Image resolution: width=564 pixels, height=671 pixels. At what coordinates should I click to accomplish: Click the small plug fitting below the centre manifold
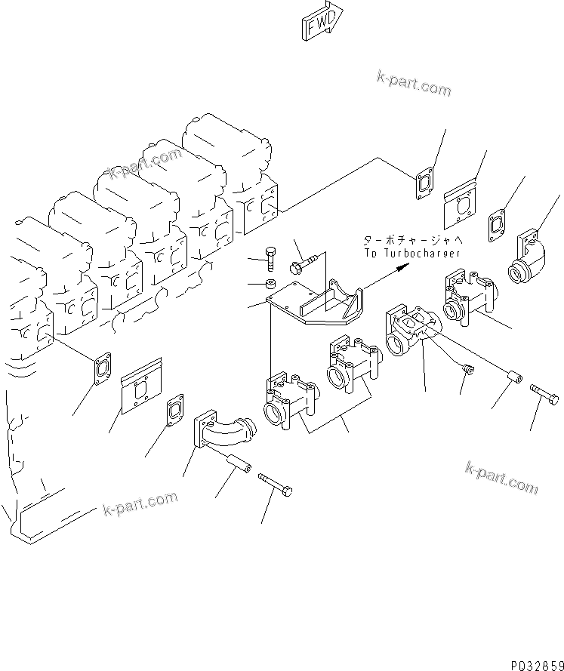click(467, 368)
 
